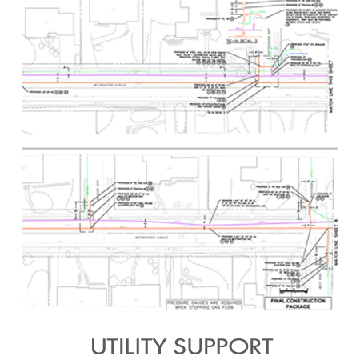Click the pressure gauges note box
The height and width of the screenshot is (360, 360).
203,303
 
